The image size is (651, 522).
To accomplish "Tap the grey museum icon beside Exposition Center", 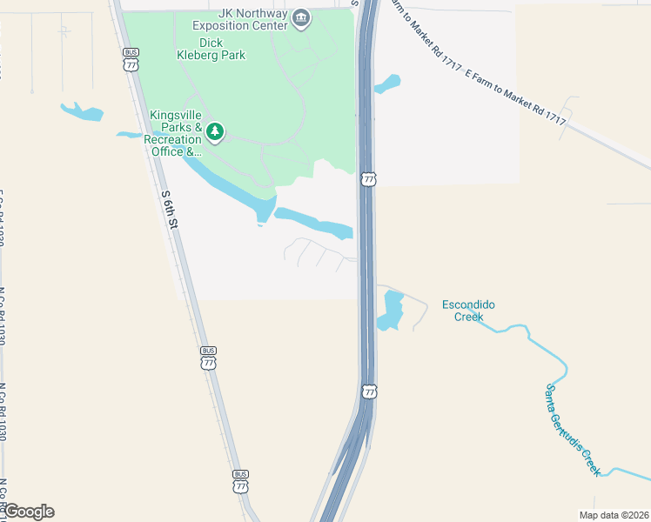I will (300, 18).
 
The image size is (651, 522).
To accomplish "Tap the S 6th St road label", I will (170, 211).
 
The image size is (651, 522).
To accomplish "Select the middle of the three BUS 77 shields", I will (208, 358).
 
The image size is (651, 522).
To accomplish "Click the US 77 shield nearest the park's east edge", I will (369, 178).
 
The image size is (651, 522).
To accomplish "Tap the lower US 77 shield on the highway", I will (370, 392).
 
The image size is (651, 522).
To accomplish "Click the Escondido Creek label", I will (468, 311).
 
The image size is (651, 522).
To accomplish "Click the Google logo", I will (28, 512).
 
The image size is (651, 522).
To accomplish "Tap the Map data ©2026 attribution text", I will (614, 515).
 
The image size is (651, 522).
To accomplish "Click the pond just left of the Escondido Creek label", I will (392, 311).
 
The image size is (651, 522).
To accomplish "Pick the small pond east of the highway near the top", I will (387, 84).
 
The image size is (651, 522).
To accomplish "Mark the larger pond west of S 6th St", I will (82, 111).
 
